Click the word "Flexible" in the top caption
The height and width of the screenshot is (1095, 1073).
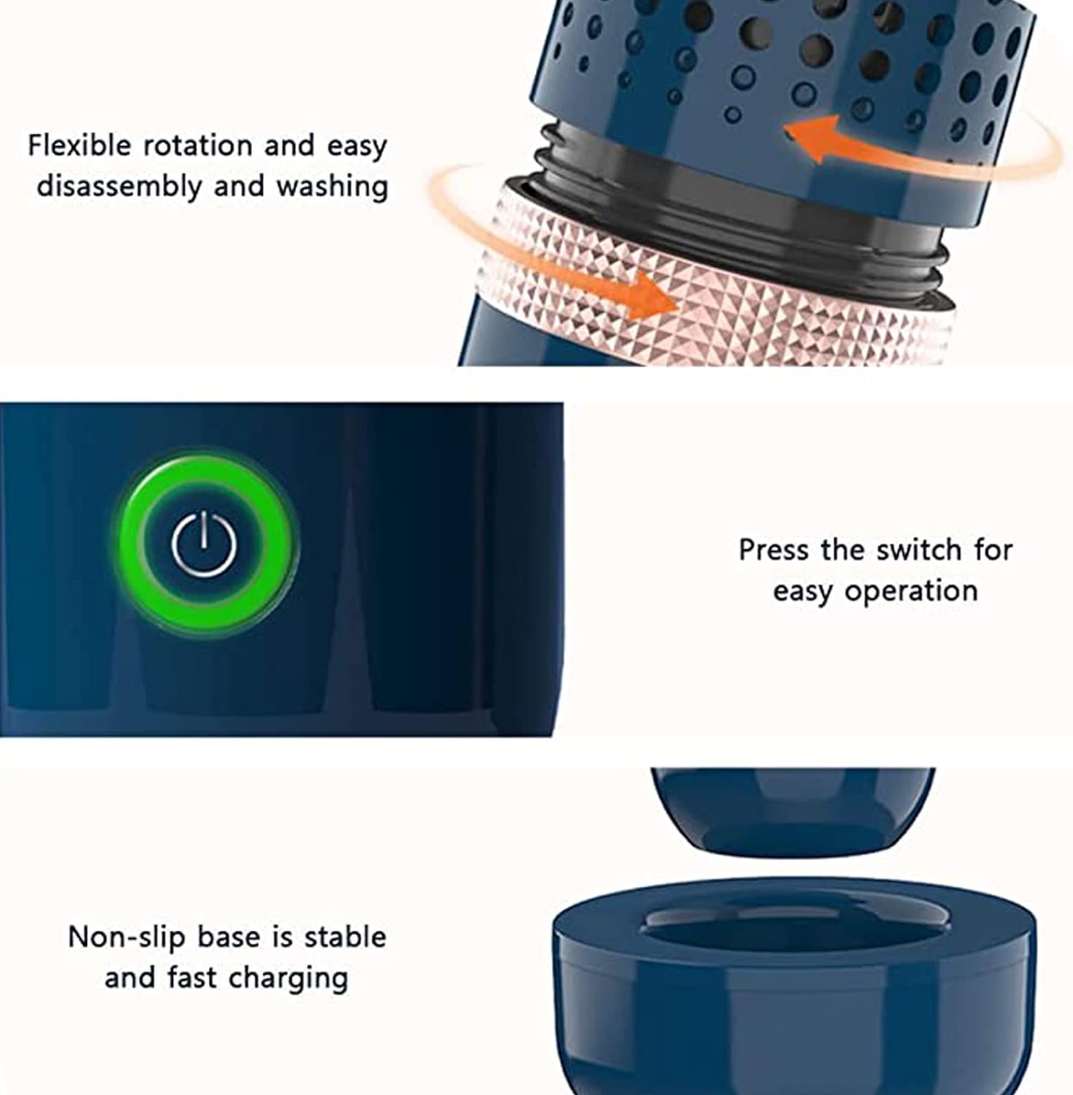pos(79,146)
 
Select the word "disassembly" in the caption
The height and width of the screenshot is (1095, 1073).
pos(119,187)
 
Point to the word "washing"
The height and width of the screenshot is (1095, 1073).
pos(332,187)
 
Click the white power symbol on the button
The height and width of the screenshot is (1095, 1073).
pos(204,544)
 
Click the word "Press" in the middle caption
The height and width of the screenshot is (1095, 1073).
pos(774,550)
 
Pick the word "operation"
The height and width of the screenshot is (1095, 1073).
pos(911,591)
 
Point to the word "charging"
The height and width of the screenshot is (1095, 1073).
pos(287,978)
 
